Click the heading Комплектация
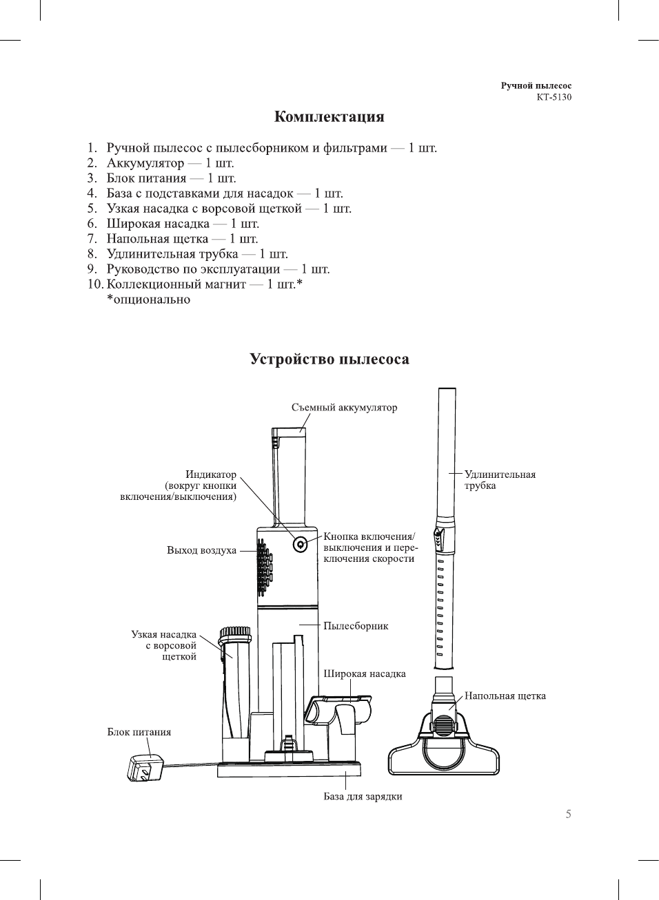(329, 116)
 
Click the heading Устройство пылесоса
(329, 359)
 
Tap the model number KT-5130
(554, 97)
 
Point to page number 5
(568, 814)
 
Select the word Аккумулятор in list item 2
(145, 163)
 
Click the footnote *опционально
(148, 300)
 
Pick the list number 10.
(94, 284)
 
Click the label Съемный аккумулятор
(344, 408)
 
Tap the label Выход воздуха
(201, 550)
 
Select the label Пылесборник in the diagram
(356, 626)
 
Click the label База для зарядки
(363, 797)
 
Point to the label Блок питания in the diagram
(139, 732)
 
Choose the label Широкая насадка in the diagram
(365, 673)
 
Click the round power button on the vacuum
(300, 544)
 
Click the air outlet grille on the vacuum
(264, 568)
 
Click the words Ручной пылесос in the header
(536, 86)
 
